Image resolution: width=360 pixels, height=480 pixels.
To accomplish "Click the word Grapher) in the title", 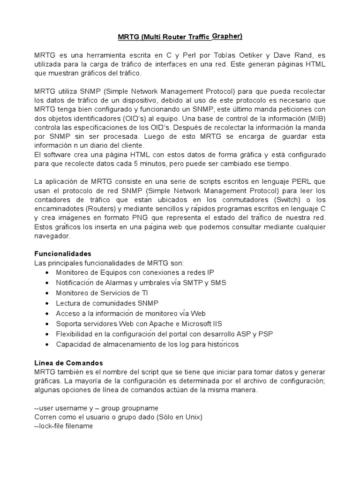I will click(x=227, y=36).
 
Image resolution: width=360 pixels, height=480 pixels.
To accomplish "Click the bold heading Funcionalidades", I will click(x=63, y=254).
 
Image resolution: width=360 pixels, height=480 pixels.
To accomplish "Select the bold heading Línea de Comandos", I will click(x=68, y=363).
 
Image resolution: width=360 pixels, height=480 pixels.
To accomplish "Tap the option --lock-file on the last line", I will click(x=51, y=426).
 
